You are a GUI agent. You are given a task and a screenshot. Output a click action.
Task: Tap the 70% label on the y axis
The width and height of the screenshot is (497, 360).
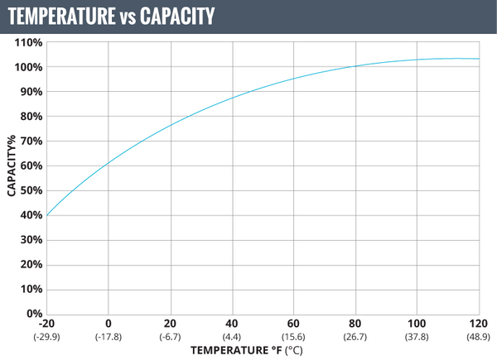pyautogui.click(x=31, y=141)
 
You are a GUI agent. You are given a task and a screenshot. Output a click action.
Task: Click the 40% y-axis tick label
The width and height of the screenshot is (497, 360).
pyautogui.click(x=31, y=215)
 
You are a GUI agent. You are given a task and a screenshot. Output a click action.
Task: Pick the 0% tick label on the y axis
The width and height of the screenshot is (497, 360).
pyautogui.click(x=34, y=314)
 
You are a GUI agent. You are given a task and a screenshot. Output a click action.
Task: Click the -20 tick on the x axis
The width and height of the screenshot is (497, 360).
pyautogui.click(x=47, y=323)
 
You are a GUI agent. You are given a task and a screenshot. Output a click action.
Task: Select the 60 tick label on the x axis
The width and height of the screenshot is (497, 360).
pyautogui.click(x=294, y=323)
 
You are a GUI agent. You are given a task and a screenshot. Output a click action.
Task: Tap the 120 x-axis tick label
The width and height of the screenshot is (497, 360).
pyautogui.click(x=479, y=323)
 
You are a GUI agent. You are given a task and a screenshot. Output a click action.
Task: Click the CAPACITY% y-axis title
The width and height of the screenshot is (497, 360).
pyautogui.click(x=12, y=178)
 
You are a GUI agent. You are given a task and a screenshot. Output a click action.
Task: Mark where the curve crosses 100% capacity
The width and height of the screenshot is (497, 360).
pyautogui.click(x=356, y=66)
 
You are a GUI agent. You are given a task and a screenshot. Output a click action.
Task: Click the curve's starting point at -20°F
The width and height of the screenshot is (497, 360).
pyautogui.click(x=47, y=215)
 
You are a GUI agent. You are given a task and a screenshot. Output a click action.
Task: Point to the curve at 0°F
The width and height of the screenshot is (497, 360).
pyautogui.click(x=109, y=163)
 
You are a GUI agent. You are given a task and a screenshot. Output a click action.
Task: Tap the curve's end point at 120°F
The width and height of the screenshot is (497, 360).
pyautogui.click(x=479, y=59)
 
